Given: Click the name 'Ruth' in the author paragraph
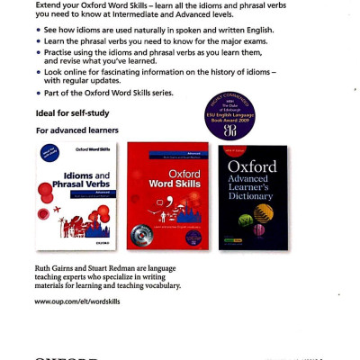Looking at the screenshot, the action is click(43, 267).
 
